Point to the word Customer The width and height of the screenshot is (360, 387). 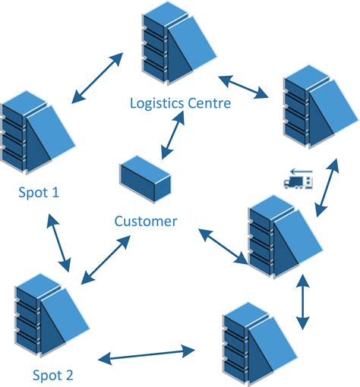[145, 222]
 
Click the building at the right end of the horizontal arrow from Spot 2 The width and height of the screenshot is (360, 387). [254, 341]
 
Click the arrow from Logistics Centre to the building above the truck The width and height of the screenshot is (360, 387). [244, 87]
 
